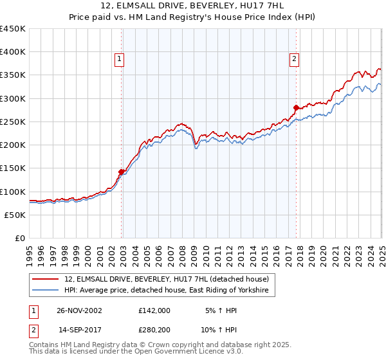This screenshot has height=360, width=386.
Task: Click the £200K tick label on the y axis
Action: [x=13, y=145]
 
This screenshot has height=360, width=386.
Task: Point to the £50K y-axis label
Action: [x=15, y=215]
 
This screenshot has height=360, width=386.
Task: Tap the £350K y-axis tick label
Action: [x=13, y=75]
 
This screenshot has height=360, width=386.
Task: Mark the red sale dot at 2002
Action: [x=122, y=172]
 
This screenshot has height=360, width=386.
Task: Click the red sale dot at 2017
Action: [x=296, y=107]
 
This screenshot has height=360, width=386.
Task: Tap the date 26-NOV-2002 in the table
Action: [x=79, y=310]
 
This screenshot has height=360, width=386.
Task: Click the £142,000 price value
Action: [x=154, y=310]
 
